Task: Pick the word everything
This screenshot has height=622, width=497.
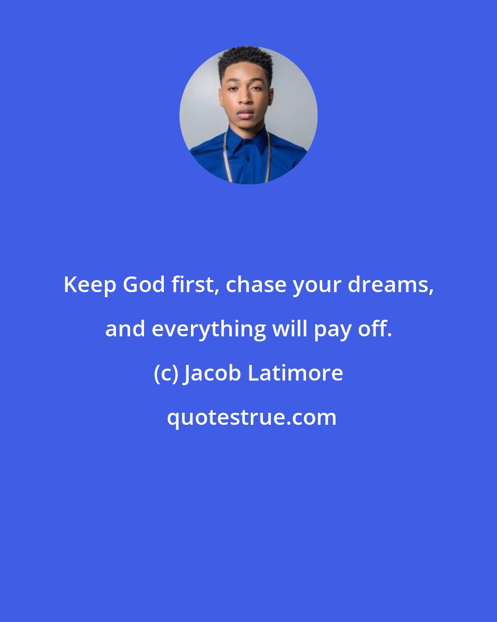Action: [x=208, y=329]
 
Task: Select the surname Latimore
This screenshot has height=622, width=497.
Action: [x=295, y=373]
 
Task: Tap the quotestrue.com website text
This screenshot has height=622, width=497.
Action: [x=251, y=417]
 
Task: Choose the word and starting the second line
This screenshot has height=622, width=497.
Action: [x=125, y=329]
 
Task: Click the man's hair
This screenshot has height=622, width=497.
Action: [x=245, y=60]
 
